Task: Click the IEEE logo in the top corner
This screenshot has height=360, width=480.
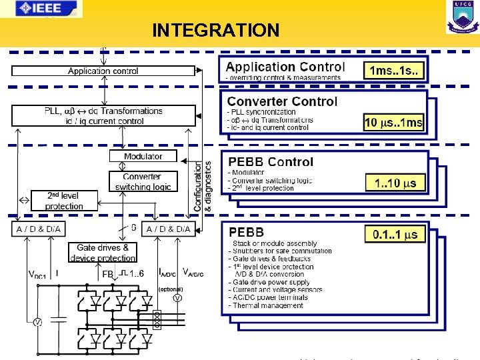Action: coord(41,9)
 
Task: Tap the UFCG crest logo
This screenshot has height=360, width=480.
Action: coord(462,17)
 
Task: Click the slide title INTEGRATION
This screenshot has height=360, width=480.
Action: coord(215,31)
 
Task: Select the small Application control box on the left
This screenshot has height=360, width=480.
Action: coord(103,71)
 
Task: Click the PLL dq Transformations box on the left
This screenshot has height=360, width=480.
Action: coord(103,116)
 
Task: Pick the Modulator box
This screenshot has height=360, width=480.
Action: coord(143,156)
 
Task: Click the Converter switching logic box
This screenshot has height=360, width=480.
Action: coord(143,181)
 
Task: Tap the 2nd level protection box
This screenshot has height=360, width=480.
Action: coord(64,201)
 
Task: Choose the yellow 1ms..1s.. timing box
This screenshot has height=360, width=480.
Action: coord(395,70)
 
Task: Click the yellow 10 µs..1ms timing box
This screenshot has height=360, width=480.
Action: coord(393,122)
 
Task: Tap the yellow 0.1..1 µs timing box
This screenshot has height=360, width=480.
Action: coord(395,234)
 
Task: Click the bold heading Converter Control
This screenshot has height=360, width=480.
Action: coord(282,101)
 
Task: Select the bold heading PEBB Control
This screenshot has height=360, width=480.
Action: coord(271,162)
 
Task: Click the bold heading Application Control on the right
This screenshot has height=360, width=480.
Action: coord(285,67)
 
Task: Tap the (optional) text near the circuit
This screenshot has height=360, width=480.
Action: coord(170,289)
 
